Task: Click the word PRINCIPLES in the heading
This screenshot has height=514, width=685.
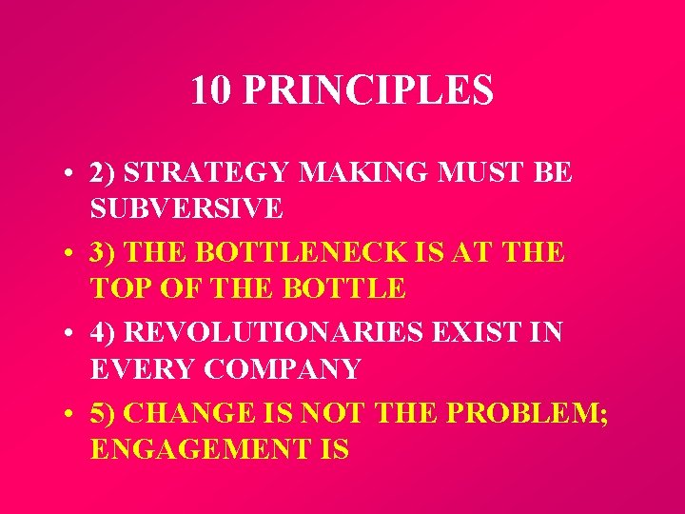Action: click(368, 90)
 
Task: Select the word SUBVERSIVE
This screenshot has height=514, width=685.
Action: click(186, 207)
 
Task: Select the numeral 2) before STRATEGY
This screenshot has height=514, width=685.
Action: click(103, 173)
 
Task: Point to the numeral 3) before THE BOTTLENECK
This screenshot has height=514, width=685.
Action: click(103, 253)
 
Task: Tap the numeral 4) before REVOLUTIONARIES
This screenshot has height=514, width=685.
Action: click(103, 334)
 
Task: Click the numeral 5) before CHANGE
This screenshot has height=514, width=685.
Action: click(103, 415)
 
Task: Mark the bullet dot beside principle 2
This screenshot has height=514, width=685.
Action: click(71, 175)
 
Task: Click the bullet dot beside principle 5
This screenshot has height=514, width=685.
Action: click(71, 417)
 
